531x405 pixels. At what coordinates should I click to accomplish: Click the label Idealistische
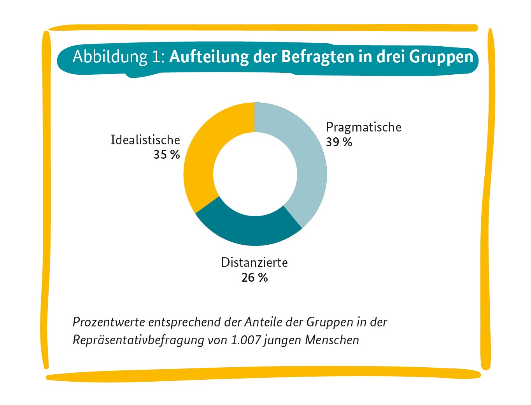145,140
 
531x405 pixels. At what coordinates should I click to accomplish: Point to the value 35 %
166,154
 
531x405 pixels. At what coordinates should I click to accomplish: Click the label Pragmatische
363,127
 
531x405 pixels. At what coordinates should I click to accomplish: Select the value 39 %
339,142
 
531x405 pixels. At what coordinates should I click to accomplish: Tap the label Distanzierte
254,263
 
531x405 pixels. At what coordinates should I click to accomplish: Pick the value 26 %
254,277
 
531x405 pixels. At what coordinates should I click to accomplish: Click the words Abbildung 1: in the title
119,57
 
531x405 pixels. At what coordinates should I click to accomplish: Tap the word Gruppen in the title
441,57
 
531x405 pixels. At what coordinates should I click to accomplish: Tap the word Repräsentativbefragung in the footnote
138,340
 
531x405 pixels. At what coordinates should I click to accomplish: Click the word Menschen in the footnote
332,340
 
